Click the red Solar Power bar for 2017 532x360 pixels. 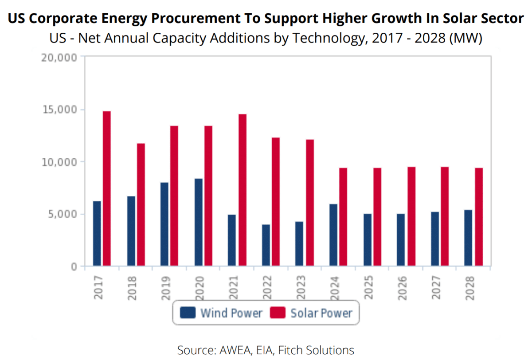click(x=107, y=188)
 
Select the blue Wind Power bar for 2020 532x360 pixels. click(x=198, y=222)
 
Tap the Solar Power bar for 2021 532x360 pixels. click(x=242, y=190)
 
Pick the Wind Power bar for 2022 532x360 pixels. click(x=266, y=245)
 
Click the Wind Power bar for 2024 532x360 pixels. click(x=333, y=235)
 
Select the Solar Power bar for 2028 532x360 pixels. click(x=479, y=217)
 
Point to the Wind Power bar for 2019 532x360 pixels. click(x=164, y=224)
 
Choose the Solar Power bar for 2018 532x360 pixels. click(x=141, y=204)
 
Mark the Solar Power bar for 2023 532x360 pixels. click(x=309, y=203)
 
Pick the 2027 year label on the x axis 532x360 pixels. click(x=435, y=288)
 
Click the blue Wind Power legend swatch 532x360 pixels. click(x=188, y=313)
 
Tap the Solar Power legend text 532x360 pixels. click(x=321, y=313)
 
